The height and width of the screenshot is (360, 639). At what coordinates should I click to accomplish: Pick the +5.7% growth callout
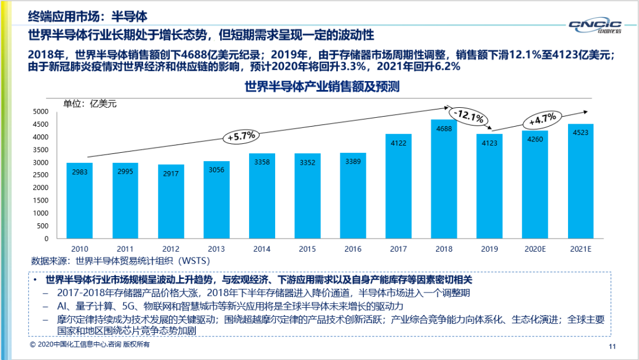pyautogui.click(x=241, y=136)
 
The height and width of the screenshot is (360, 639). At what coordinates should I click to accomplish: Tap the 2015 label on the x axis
pyautogui.click(x=308, y=249)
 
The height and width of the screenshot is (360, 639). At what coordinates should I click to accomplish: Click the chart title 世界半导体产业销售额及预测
pyautogui.click(x=322, y=87)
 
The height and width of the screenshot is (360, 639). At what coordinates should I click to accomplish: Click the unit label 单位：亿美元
pyautogui.click(x=91, y=104)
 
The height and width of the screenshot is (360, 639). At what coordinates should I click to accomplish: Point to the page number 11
pyautogui.click(x=612, y=346)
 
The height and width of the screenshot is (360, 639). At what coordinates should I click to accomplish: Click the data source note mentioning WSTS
pyautogui.click(x=121, y=261)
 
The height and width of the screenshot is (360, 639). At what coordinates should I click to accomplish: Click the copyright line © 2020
pyautogui.click(x=89, y=345)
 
